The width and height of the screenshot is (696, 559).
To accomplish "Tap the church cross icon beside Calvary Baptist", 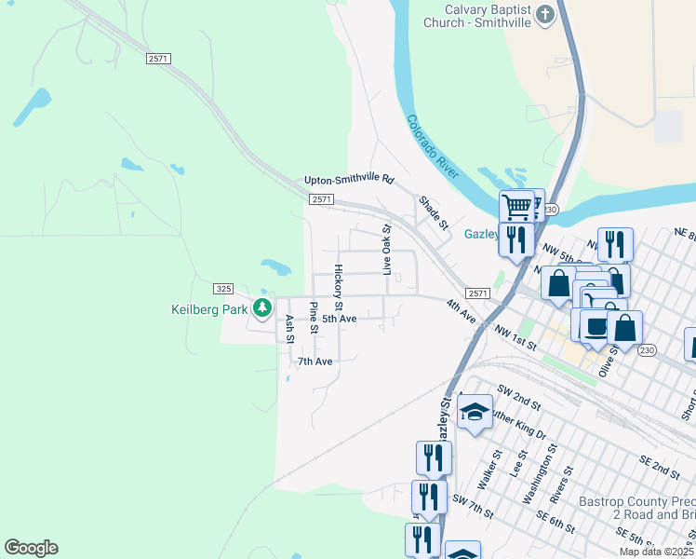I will tap(545, 14).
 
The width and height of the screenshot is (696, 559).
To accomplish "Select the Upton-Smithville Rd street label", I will tap(349, 180).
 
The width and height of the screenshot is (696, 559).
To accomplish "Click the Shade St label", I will tap(434, 213).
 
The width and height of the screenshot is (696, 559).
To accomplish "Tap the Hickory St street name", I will tap(339, 287).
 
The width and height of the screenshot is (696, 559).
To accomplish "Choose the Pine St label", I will tap(315, 318).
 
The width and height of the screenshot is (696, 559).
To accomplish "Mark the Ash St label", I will tap(289, 327).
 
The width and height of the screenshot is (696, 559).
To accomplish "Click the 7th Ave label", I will tap(315, 361).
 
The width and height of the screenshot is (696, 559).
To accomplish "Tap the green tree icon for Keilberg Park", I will tap(263, 307).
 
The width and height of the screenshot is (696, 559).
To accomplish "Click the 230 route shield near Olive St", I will tap(647, 349).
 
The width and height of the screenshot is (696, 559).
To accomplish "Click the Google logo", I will tap(31, 548).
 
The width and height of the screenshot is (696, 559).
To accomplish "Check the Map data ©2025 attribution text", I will tap(656, 552).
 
